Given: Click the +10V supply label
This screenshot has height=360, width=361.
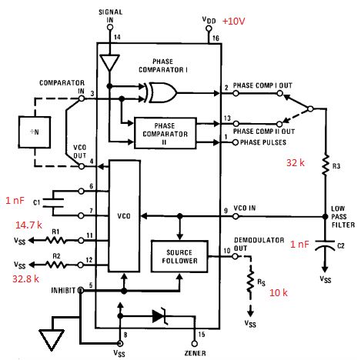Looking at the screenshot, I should [235, 21].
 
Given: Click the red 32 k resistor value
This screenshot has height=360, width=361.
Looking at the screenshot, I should [297, 162].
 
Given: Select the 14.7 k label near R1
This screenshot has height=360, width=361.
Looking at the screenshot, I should [28, 224].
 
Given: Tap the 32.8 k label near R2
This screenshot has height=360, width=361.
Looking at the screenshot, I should [27, 272].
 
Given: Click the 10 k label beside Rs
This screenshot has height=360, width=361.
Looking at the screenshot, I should [278, 292].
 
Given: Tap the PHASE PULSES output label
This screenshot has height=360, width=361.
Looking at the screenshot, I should [260, 138].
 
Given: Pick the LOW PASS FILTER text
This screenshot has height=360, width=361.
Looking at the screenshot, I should [339, 218].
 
